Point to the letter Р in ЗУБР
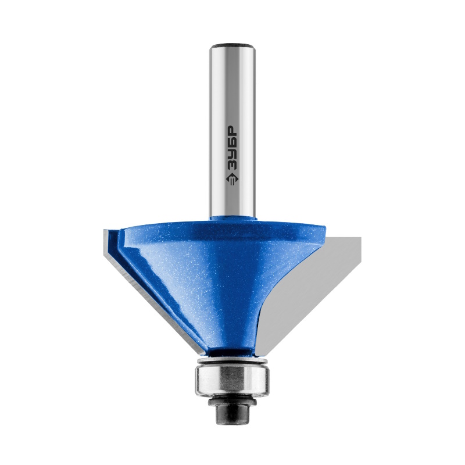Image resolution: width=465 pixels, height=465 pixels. (x=233, y=131)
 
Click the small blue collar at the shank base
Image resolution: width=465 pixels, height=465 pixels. (x=233, y=218)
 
